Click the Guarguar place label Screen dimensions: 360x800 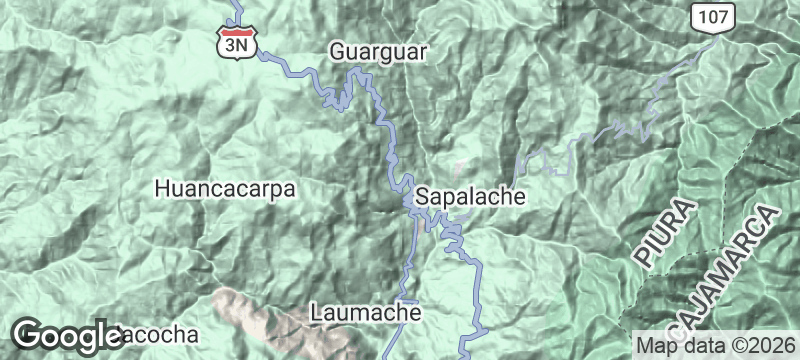click(x=379, y=51)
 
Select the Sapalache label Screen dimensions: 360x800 click(x=470, y=196)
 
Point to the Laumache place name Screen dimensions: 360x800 click(x=366, y=312)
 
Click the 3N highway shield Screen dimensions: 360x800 click(x=238, y=41)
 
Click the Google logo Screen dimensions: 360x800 click(x=66, y=334)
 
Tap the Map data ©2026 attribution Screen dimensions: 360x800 click(x=713, y=345)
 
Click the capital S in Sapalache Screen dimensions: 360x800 click(x=423, y=196)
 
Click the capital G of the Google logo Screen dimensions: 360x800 click(x=28, y=334)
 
